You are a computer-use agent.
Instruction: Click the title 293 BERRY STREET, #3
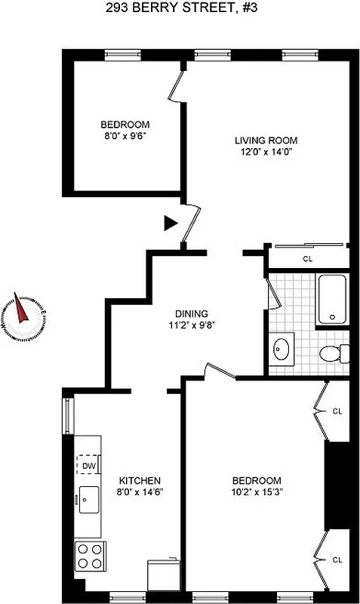[180, 8]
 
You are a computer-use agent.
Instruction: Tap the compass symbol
[25, 313]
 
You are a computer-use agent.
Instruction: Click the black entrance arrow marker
[171, 223]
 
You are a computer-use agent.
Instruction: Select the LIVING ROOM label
[266, 140]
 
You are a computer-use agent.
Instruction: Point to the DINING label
[191, 314]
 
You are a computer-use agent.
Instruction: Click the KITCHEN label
[140, 480]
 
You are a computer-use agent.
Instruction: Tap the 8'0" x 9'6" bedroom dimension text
[125, 137]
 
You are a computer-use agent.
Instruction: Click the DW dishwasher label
[88, 466]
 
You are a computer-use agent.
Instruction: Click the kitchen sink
[88, 499]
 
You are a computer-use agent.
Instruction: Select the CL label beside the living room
[308, 259]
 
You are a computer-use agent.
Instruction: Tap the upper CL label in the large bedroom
[337, 411]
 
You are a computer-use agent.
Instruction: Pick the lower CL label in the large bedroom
[337, 559]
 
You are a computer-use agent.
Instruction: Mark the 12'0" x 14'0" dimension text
[266, 152]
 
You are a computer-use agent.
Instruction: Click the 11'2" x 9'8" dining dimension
[191, 326]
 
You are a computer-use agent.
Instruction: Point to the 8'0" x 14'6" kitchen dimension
[140, 492]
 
